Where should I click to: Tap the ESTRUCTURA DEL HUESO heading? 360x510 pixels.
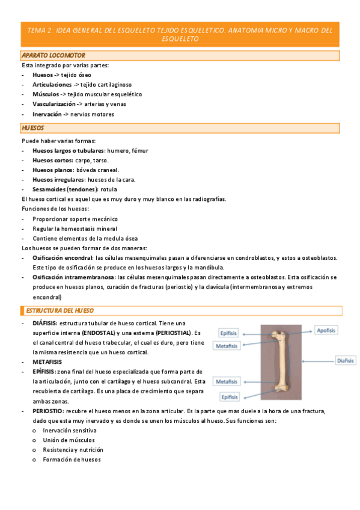coord(58,310)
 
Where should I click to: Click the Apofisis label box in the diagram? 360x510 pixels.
coord(326,330)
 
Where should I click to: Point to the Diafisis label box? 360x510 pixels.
coord(345,361)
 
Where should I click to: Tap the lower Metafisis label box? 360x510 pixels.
coord(228,382)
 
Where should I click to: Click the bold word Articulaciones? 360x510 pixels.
coord(56,85)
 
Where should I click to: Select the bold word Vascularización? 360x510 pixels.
coord(58,104)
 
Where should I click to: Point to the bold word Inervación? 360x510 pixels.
coord(47,114)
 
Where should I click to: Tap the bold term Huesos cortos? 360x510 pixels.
coord(52,160)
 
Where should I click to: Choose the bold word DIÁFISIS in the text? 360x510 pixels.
coord(44,323)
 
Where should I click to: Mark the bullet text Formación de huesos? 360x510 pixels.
coord(72,459)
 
